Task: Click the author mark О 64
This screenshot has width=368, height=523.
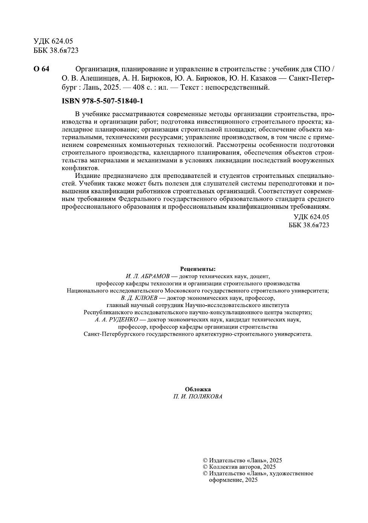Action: tap(41, 69)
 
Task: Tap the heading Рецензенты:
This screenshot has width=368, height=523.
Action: tap(198, 269)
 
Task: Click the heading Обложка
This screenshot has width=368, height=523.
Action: tap(198, 389)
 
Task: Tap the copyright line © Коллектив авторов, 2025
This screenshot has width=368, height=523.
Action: tap(239, 467)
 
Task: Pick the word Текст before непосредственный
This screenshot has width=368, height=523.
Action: tap(190, 87)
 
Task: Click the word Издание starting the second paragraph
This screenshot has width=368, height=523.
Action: tap(88, 176)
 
